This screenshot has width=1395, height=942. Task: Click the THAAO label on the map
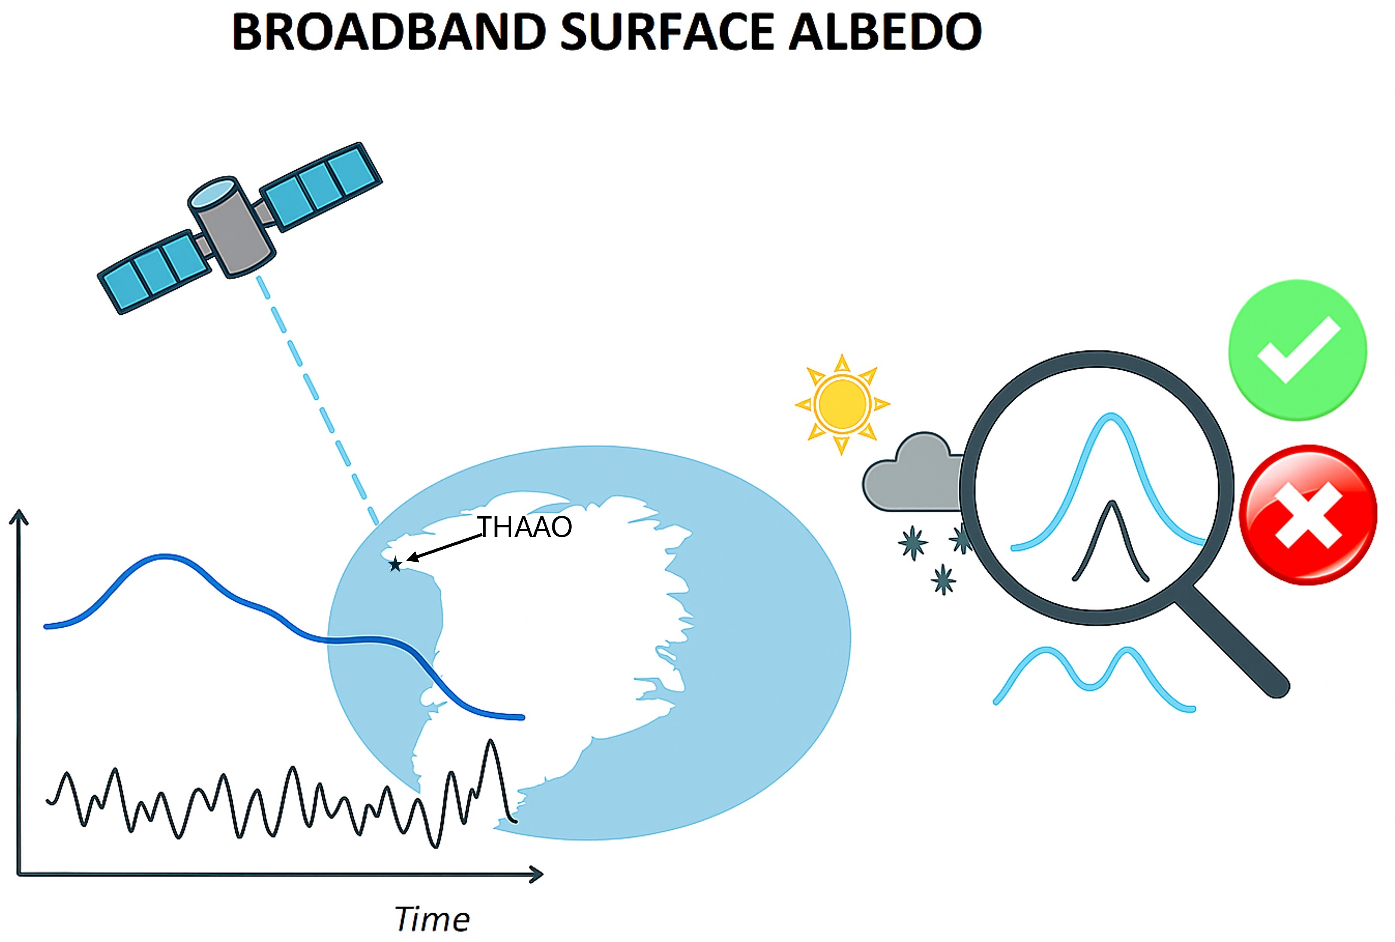point(525,527)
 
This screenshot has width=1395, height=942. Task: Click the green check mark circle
point(1298,350)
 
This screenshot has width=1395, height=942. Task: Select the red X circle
point(1308,515)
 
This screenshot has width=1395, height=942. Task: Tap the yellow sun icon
point(842,404)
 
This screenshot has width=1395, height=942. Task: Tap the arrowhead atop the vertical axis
point(19,516)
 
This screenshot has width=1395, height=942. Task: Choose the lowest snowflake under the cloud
point(944,579)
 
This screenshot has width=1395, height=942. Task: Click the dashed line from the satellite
point(318,402)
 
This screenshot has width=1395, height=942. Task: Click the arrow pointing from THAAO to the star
point(444,548)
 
